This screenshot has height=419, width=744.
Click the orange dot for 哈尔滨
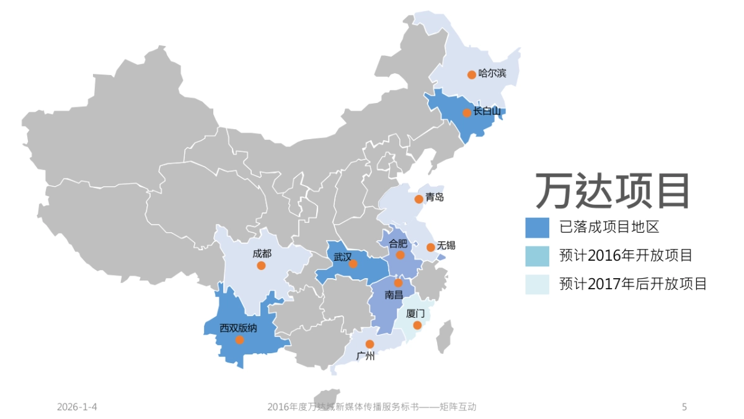pos(471,74)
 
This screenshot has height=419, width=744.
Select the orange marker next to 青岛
pos(419,199)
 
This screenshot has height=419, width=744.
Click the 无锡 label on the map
pos(446,245)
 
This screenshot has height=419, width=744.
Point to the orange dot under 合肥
pos(400,255)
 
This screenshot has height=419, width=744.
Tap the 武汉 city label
pos(342,256)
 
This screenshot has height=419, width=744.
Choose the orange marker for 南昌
pos(398,282)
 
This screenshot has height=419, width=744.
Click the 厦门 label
pos(415,313)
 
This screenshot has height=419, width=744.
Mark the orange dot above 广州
pos(370,344)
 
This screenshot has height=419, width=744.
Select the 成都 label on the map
pos(262,253)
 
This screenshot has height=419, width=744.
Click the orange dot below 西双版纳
pos(239,340)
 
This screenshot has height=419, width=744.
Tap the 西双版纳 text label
pos(238,328)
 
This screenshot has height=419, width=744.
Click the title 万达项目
pos(613,191)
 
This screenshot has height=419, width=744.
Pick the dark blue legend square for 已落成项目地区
pos(537,227)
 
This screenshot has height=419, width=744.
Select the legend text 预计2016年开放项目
pos(625,255)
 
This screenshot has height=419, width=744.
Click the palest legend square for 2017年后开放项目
pos(537,284)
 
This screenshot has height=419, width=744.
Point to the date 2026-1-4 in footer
pos(77,407)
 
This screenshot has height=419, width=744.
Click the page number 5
pos(684,407)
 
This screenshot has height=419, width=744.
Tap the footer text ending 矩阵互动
pos(371,407)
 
